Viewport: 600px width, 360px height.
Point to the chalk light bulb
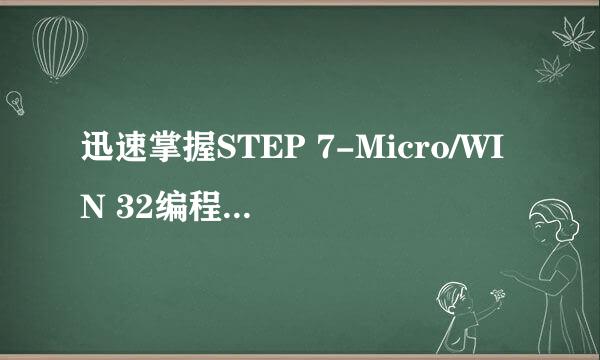click(x=15, y=101)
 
